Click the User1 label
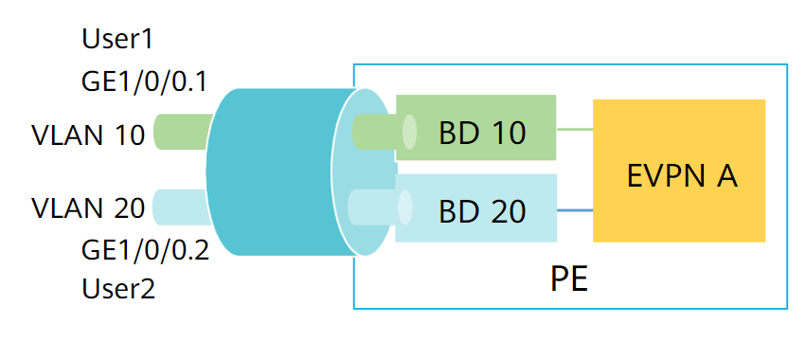[x=117, y=40]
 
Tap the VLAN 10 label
[x=88, y=135]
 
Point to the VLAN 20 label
[x=88, y=207]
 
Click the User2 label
[x=119, y=288]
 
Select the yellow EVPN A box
[x=678, y=171]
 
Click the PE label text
[x=569, y=280]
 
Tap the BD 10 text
[x=481, y=132]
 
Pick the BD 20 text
[x=481, y=210]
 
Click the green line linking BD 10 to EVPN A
[x=574, y=129]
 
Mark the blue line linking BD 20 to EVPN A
[x=574, y=210]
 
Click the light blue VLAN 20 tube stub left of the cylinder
[x=180, y=206]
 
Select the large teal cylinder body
[x=270, y=171]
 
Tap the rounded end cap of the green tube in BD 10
[x=409, y=132]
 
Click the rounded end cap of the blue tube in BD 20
[x=405, y=206]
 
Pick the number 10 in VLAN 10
[x=129, y=135]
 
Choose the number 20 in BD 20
[x=507, y=210]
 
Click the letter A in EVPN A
[x=725, y=175]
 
